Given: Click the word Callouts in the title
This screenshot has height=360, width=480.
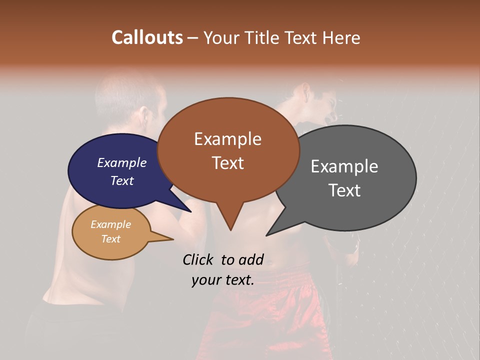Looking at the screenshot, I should point(147,37).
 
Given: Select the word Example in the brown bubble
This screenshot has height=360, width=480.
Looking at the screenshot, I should point(227,139).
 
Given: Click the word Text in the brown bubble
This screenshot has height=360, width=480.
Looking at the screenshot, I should point(227,163).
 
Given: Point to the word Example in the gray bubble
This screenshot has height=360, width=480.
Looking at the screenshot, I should point(344,166).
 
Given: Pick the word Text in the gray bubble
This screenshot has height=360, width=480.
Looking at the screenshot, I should point(344,190).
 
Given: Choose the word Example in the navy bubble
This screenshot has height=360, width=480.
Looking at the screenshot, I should point(122,163).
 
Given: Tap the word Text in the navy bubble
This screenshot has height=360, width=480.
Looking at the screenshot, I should point(122,180).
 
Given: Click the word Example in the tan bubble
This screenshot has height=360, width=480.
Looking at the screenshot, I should point(111,224).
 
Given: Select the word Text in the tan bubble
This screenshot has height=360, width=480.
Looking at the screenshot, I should point(111,239).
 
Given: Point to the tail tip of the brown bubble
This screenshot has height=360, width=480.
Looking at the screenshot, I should point(230,230).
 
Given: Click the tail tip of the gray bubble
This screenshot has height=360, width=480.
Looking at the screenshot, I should point(266,235).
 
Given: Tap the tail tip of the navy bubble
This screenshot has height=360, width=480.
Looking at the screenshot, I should point(192,211).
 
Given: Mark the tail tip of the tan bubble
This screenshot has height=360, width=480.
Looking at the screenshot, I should point(173,239).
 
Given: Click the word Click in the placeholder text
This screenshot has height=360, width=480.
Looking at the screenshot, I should point(199,259).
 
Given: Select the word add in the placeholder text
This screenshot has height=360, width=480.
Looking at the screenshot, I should point(252,259).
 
